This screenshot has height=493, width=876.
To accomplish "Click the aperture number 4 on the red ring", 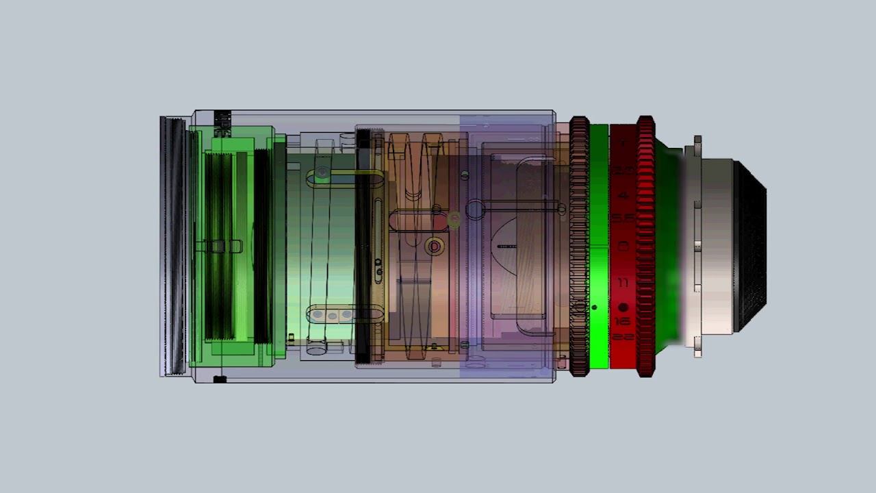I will click(x=623, y=195).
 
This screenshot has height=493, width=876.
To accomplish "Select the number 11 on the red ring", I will click(x=623, y=282).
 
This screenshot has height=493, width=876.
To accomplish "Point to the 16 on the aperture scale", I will click(x=623, y=321).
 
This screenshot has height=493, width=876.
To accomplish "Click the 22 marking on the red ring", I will click(x=623, y=336).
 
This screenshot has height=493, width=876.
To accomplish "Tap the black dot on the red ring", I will click(x=623, y=307).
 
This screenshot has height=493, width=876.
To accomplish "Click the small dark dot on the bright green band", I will click(x=594, y=307).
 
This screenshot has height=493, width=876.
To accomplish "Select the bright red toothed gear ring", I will click(x=645, y=246).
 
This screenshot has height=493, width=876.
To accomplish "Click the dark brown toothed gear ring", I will click(x=579, y=246).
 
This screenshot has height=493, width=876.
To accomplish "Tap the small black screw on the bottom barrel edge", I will click(x=220, y=379).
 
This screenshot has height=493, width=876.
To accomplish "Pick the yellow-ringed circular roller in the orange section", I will click(x=434, y=246).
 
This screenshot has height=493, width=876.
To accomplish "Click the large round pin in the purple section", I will click(x=475, y=209).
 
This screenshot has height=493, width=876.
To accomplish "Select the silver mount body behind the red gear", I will click(x=712, y=246).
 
